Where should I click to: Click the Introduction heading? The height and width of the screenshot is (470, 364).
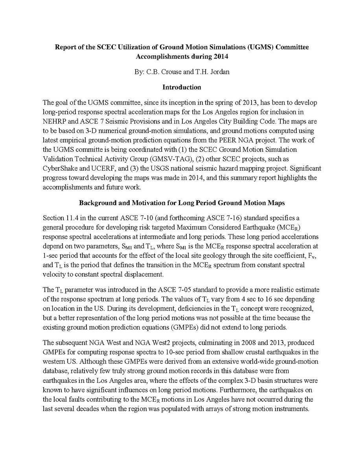(x=182, y=87)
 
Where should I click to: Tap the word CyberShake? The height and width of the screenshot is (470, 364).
(x=60, y=168)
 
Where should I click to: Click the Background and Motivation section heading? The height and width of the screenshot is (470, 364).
(x=182, y=203)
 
